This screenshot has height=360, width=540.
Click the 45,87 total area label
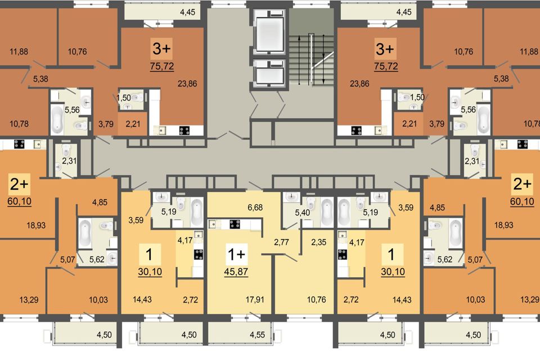pos(236,272)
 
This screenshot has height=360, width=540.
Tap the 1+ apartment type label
pos(236,254)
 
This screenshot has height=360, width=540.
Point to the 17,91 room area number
pos(255,299)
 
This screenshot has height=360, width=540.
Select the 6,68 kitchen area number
pos(255,208)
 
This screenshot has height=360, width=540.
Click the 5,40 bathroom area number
pos(303,213)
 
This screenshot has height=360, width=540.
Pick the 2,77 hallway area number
pos(281,242)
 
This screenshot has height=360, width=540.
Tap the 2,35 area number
pos(318,242)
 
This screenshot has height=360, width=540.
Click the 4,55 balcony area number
pos(257,335)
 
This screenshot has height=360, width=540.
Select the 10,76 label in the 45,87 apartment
pos(317,299)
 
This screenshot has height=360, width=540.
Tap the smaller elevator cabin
pos(269,74)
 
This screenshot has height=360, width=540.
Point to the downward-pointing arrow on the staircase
pos(323,59)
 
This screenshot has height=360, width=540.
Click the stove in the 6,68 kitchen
pos(235,224)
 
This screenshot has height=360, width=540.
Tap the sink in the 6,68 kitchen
pos(214,224)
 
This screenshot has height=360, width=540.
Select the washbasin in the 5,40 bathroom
pos(291,197)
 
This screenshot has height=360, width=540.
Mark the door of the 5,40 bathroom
pos(292,225)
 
